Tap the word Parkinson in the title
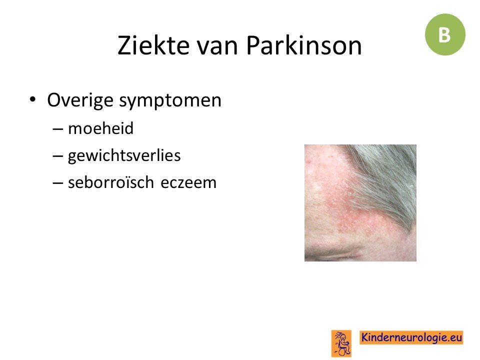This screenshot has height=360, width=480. (304, 45)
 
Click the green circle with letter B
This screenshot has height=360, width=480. (445, 34)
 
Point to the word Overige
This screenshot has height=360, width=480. (80, 100)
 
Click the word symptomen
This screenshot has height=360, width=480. (170, 101)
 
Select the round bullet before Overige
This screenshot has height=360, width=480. (33, 99)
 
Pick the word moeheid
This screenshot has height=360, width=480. (100, 128)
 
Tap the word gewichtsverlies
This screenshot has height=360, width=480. (124, 156)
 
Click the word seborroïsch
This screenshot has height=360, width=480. (111, 182)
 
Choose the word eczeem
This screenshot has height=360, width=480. (188, 183)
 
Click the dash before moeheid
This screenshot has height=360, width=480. (58, 129)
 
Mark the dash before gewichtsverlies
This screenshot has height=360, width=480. (58, 156)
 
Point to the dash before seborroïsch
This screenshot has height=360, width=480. (58, 183)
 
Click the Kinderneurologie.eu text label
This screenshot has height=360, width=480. (411, 337)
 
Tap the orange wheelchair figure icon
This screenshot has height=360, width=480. (341, 343)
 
